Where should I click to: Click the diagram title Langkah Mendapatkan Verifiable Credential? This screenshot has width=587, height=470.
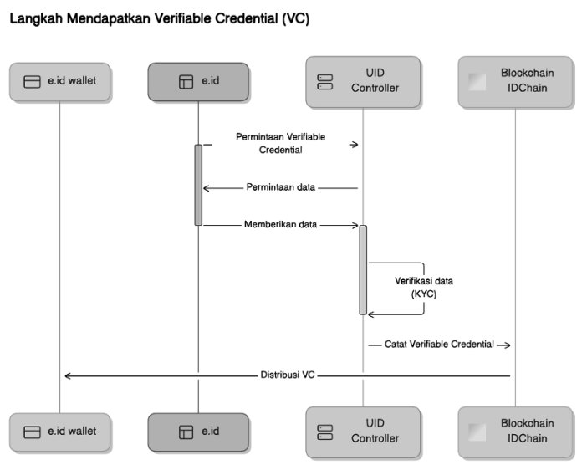(158, 19)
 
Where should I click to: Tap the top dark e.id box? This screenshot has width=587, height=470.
(198, 81)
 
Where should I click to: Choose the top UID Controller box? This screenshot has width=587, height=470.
(362, 81)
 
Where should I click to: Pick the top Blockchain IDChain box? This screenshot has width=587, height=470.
(515, 81)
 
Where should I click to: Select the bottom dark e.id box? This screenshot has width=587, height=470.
(198, 432)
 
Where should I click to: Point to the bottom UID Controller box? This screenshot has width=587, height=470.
(362, 432)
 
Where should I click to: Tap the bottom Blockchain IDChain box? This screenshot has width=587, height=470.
(515, 432)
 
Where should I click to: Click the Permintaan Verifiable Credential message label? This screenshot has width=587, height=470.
(280, 143)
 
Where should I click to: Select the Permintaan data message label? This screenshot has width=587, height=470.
(280, 187)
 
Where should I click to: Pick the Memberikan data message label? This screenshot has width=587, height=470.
(280, 225)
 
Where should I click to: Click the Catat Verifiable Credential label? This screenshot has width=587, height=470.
(439, 344)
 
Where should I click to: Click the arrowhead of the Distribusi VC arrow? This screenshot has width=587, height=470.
(68, 375)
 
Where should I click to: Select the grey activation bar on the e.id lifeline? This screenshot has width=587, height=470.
(199, 184)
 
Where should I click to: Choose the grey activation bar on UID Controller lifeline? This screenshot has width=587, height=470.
(363, 269)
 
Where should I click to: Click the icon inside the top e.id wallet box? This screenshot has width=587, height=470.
(33, 82)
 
